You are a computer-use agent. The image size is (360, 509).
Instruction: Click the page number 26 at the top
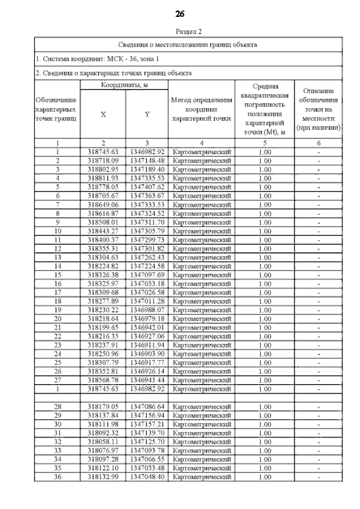[180, 13]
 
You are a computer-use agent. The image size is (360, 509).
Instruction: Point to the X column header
[103, 115]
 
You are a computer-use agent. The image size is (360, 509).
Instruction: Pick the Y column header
[147, 115]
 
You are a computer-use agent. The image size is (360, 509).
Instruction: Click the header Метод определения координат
[201, 109]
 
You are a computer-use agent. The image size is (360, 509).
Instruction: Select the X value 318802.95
[103, 169]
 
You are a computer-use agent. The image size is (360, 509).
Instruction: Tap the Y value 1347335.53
[147, 178]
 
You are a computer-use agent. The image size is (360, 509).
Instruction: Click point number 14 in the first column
[57, 266]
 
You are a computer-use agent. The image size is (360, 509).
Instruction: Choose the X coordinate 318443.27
[103, 231]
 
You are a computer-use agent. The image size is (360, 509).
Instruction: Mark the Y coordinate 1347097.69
[147, 275]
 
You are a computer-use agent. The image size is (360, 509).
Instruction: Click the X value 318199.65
[103, 327]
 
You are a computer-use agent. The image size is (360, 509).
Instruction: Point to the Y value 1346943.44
[147, 380]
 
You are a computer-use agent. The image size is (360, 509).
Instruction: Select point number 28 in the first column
[57, 407]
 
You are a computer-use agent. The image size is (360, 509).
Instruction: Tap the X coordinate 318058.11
[103, 442]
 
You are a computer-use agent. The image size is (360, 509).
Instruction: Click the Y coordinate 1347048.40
[147, 477]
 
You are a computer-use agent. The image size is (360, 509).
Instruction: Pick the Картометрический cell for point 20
[201, 319]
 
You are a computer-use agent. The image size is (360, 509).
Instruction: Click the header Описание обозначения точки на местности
[318, 109]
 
